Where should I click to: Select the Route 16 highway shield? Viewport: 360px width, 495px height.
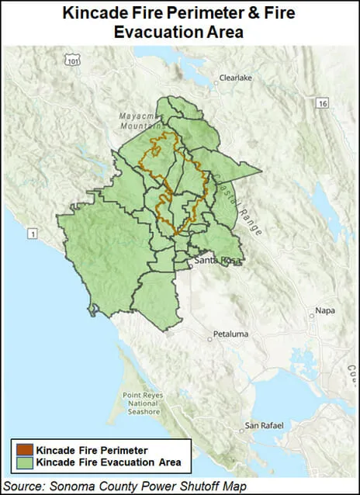pyautogui.click(x=322, y=102)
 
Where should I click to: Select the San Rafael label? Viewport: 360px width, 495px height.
pyautogui.click(x=262, y=426)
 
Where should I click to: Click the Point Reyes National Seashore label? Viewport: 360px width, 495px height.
pyautogui.click(x=142, y=403)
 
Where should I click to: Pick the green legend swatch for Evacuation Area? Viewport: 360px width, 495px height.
pyautogui.click(x=22, y=462)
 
